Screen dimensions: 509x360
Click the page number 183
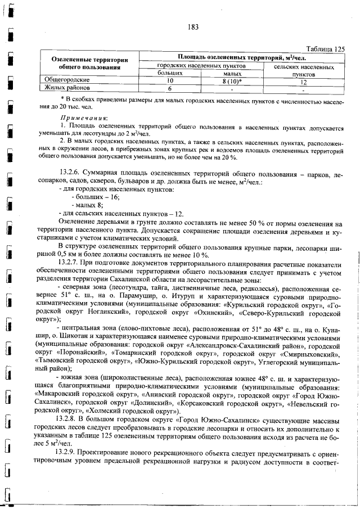[193, 27]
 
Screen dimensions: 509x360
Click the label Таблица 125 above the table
[323, 49]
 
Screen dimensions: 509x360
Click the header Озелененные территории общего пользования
[87, 64]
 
